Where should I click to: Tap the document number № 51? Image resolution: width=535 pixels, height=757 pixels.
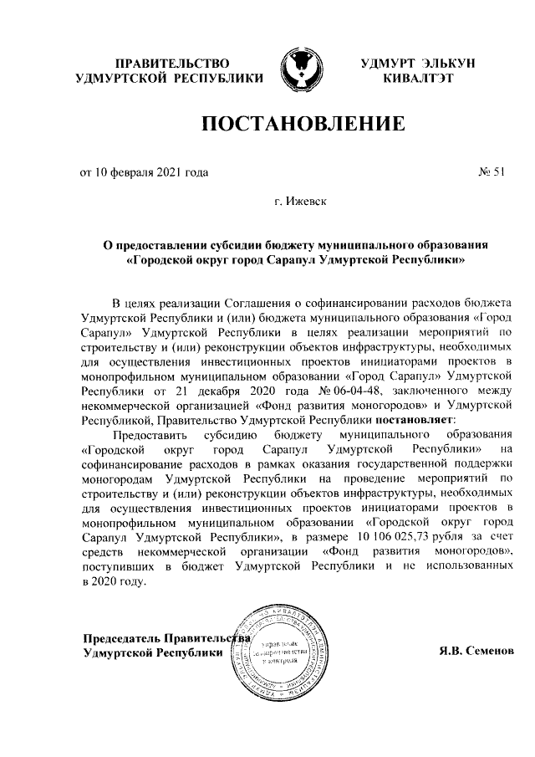[x=492, y=173]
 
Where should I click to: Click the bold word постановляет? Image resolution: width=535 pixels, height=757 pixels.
[x=412, y=417]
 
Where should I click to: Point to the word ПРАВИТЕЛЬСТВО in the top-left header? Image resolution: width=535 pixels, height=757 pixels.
[x=171, y=62]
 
